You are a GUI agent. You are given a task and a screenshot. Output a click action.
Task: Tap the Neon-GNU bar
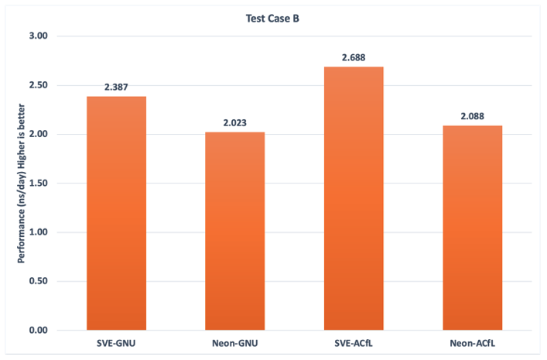point(235,231)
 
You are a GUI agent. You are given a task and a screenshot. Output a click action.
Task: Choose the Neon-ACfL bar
point(473,228)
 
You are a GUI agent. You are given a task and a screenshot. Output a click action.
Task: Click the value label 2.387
point(116,87)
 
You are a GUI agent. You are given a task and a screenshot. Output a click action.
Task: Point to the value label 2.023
point(235,122)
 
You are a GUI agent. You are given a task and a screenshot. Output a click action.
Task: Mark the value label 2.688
point(354,57)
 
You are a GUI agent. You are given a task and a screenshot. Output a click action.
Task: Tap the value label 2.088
point(473,116)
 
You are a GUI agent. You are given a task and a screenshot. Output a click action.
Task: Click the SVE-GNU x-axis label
point(116,342)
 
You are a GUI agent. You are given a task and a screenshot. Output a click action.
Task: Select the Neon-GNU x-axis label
point(235,342)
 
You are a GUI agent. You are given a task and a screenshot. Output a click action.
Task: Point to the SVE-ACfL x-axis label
point(354,342)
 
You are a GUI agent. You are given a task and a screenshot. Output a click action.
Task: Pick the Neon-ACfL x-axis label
point(473,342)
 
